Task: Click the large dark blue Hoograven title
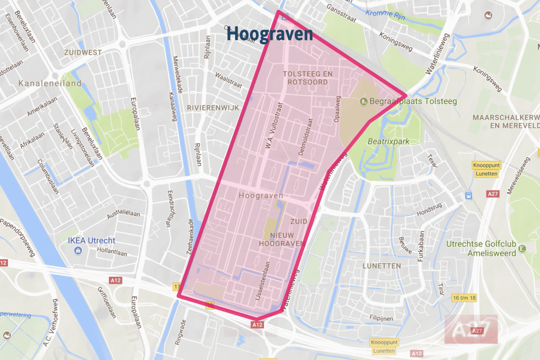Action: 270,34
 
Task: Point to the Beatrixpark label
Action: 388,141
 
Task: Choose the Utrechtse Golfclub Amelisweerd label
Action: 481,249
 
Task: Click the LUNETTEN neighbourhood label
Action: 381,266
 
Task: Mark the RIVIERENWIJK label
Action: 213,108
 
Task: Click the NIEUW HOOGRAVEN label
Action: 282,240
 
